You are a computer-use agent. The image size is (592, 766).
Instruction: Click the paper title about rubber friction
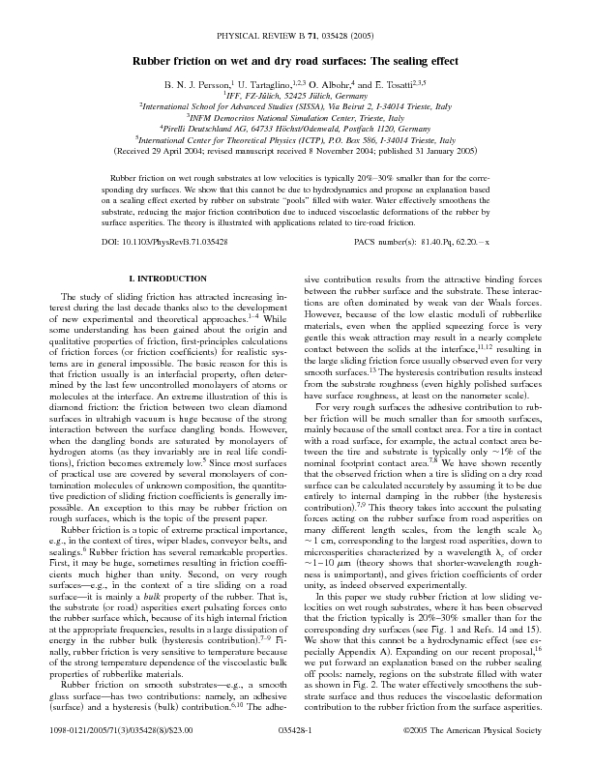coord(296,60)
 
